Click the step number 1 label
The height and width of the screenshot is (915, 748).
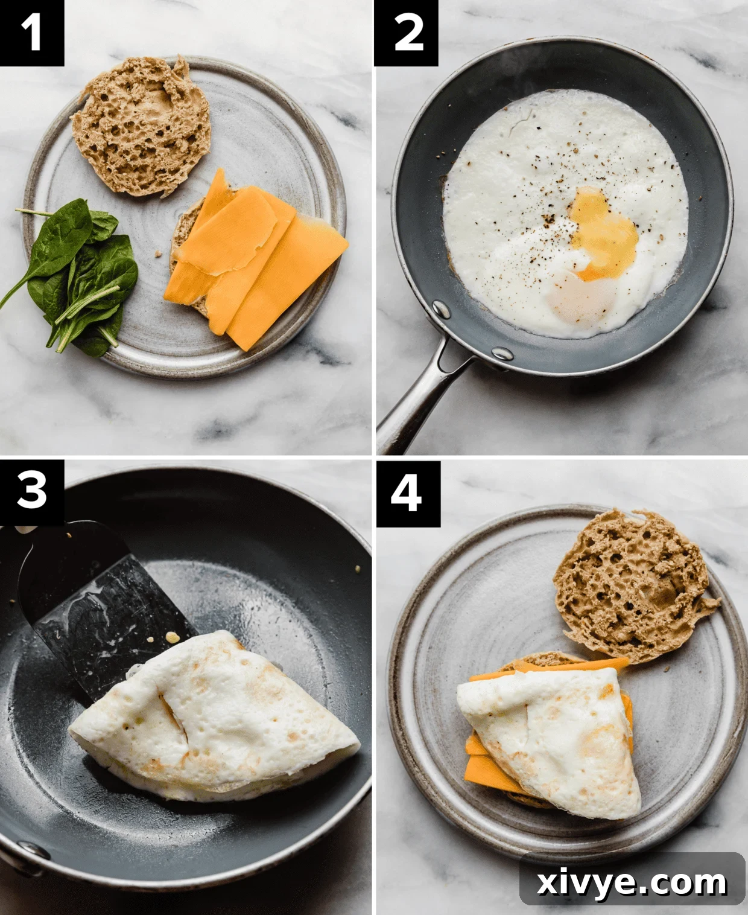coord(31,32)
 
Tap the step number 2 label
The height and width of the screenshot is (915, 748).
coord(407,33)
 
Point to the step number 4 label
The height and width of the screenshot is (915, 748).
coord(407,493)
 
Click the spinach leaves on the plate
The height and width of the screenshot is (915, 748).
coord(84,278)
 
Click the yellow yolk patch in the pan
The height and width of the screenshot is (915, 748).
coord(603,235)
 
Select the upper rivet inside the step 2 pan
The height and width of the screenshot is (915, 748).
coord(441,310)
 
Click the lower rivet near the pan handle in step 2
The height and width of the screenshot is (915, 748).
coord(501,352)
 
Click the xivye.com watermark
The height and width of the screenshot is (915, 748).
coord(632,882)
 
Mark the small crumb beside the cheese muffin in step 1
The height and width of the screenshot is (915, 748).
coord(159,254)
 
